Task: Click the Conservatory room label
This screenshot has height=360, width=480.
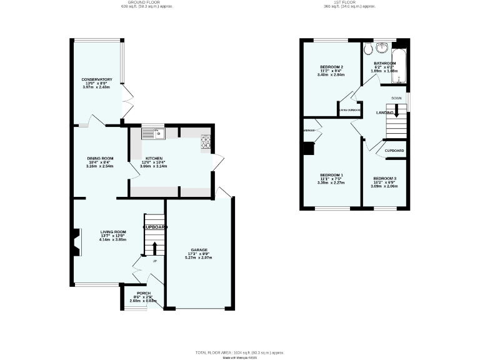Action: click(96, 79)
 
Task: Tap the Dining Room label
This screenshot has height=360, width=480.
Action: click(99, 159)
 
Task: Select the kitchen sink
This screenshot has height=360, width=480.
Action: click(152, 132)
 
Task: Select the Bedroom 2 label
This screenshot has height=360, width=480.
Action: click(331, 67)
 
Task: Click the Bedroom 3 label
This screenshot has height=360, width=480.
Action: click(384, 179)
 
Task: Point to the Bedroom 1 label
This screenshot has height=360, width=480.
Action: click(331, 175)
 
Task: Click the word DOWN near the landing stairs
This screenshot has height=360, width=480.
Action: click(396, 98)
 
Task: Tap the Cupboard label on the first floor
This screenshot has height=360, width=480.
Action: click(394, 151)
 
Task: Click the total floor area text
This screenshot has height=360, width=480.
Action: click(240, 353)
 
